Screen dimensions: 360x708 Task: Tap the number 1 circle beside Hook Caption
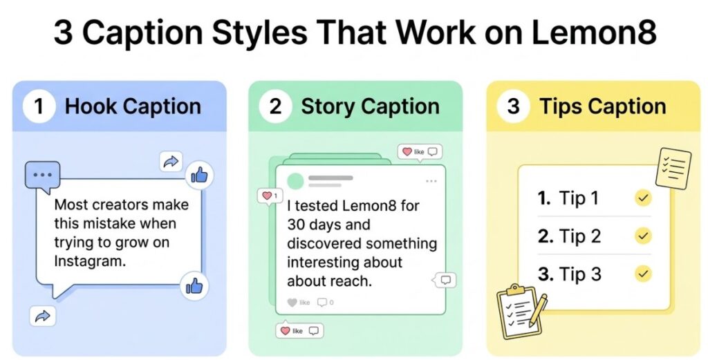(x=39, y=107)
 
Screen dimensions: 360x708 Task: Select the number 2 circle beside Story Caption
(x=275, y=107)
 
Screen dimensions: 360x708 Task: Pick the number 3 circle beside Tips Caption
(x=513, y=107)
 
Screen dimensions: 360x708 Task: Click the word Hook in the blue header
(x=91, y=107)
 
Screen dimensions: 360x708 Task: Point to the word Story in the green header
(x=328, y=107)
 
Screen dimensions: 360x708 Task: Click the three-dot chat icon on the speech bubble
(x=41, y=175)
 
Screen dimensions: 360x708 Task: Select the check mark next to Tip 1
(x=643, y=199)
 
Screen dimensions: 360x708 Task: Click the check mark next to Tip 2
(x=643, y=236)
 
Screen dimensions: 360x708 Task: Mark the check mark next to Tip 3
(x=643, y=274)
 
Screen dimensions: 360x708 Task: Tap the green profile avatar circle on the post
(x=295, y=181)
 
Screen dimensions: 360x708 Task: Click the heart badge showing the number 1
(x=268, y=196)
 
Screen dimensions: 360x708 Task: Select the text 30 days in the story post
(x=319, y=225)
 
